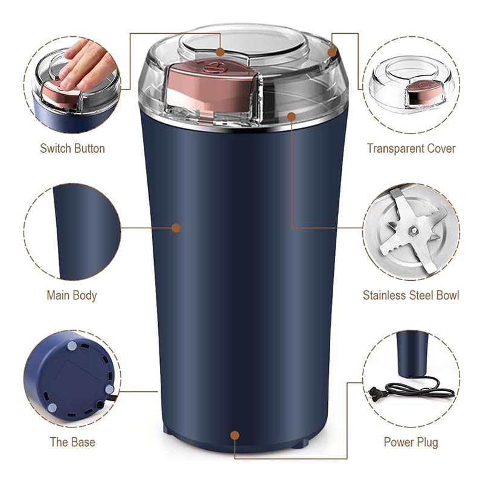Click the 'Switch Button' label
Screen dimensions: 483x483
(x=72, y=149)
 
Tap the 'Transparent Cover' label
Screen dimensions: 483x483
(x=411, y=149)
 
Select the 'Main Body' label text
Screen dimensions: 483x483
(x=72, y=295)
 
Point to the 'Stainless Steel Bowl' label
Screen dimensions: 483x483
(x=411, y=295)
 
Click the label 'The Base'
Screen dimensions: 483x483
(x=72, y=442)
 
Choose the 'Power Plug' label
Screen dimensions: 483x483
(x=411, y=443)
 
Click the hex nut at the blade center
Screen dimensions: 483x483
(x=412, y=229)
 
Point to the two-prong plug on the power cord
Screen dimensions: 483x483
(x=376, y=394)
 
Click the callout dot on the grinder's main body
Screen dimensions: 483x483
(x=176, y=228)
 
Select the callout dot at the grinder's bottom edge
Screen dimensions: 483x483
(x=235, y=435)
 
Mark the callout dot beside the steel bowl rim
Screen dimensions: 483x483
(x=292, y=117)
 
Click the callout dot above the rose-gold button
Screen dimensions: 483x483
(x=220, y=52)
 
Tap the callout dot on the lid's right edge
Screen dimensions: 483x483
(x=331, y=53)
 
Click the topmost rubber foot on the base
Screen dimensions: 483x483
(x=72, y=345)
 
